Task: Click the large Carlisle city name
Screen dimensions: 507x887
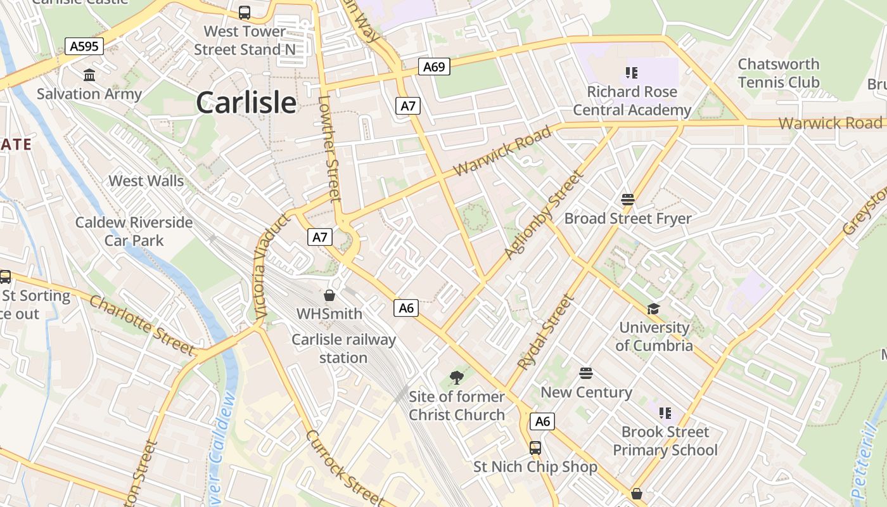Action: coord(246,103)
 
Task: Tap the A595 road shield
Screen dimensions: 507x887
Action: coord(84,46)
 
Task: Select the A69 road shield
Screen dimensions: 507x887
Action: coord(434,67)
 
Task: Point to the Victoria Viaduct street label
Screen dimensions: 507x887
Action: coord(269,266)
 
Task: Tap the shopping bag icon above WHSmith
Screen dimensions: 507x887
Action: coord(329,295)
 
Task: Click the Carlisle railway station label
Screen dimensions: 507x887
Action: coord(343,349)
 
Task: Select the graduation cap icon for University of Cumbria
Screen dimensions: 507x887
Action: coord(653,309)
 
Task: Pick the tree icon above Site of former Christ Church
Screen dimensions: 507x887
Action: coord(456,378)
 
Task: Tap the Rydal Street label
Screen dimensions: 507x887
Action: coord(545,333)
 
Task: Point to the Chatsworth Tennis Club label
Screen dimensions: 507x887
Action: coord(779,74)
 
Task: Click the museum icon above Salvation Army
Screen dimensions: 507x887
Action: coord(89,75)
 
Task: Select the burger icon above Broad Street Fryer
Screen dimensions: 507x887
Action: coord(628,200)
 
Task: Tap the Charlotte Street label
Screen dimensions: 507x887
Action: coord(143,325)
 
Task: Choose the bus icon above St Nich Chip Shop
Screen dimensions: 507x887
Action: coord(535,448)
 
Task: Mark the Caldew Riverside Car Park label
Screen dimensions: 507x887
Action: coord(134,231)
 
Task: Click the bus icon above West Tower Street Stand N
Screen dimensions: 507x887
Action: coord(245,13)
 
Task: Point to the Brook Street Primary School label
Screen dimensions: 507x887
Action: coord(665,441)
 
